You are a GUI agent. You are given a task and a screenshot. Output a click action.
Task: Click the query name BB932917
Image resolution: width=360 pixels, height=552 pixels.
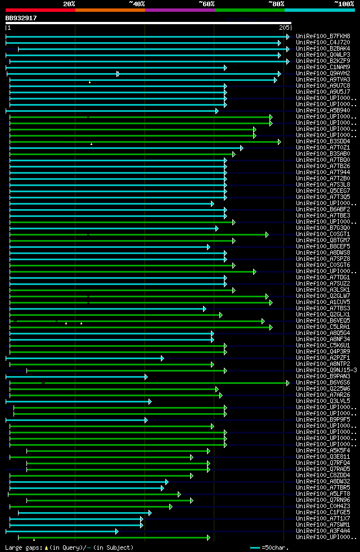point(21,18)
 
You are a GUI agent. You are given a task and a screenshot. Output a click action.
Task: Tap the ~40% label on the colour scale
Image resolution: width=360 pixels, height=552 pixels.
point(137,4)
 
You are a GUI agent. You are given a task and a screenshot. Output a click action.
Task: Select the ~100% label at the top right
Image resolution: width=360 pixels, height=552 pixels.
point(344,4)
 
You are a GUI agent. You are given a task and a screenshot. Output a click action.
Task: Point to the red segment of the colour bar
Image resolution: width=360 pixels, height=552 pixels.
point(40,10)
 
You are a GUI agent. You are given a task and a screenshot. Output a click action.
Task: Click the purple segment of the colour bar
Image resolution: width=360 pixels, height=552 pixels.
point(179,10)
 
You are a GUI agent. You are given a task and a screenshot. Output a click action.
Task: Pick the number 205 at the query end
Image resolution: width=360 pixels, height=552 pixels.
point(284,28)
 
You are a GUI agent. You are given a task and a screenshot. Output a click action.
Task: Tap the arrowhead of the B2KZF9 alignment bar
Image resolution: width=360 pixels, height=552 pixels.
point(287,61)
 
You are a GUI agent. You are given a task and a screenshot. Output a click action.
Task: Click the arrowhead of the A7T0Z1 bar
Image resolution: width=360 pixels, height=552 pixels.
point(241,148)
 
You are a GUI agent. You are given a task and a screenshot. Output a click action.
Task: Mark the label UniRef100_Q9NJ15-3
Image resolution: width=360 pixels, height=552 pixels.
point(326,370)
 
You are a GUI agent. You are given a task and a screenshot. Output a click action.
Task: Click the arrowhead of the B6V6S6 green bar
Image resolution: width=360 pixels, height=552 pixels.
point(287,383)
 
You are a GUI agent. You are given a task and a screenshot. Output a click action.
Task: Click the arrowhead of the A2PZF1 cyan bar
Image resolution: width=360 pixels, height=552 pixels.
point(162,358)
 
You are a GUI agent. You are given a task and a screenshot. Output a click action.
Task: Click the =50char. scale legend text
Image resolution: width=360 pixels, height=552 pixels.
point(275,547)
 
